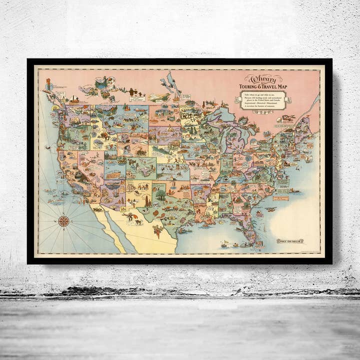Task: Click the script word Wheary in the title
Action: click(263, 78)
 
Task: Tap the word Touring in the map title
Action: click(254, 85)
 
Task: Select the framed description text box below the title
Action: click(263, 100)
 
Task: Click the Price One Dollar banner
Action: click(290, 241)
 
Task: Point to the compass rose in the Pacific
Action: click(63, 220)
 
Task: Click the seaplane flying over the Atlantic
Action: click(271, 209)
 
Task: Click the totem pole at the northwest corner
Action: click(49, 86)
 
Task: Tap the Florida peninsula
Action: click(252, 227)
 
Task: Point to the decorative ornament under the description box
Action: click(263, 112)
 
